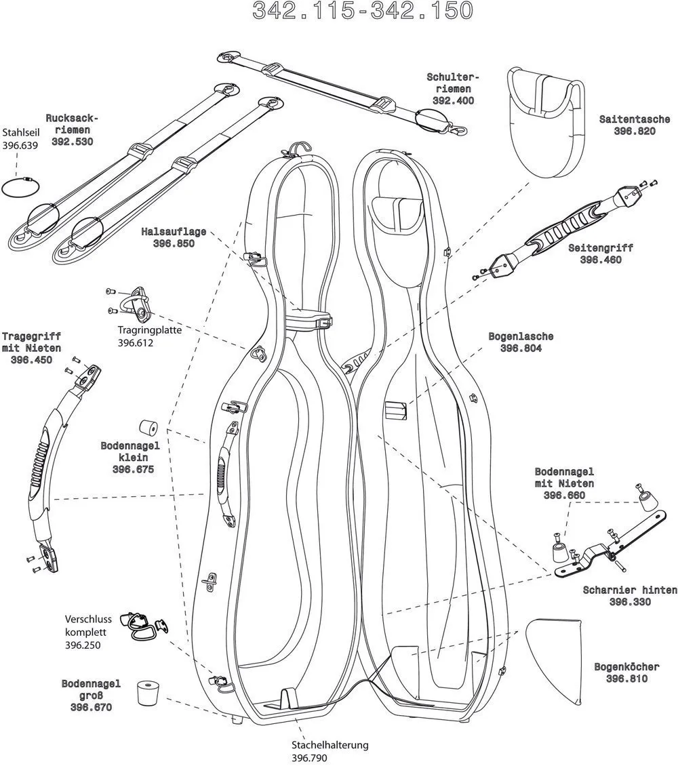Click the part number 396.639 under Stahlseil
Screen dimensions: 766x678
click(x=20, y=145)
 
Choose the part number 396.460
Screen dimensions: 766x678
click(x=600, y=260)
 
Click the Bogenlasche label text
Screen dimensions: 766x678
click(x=521, y=336)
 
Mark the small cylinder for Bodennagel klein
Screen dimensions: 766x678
click(x=148, y=428)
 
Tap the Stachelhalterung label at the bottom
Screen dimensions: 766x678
click(x=330, y=745)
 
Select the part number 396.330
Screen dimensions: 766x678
click(x=630, y=602)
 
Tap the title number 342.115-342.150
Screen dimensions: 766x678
click(x=362, y=11)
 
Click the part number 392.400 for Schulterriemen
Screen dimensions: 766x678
click(x=453, y=100)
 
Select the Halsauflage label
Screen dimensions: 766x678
click(x=174, y=232)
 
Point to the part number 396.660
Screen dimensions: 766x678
click(x=564, y=496)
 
